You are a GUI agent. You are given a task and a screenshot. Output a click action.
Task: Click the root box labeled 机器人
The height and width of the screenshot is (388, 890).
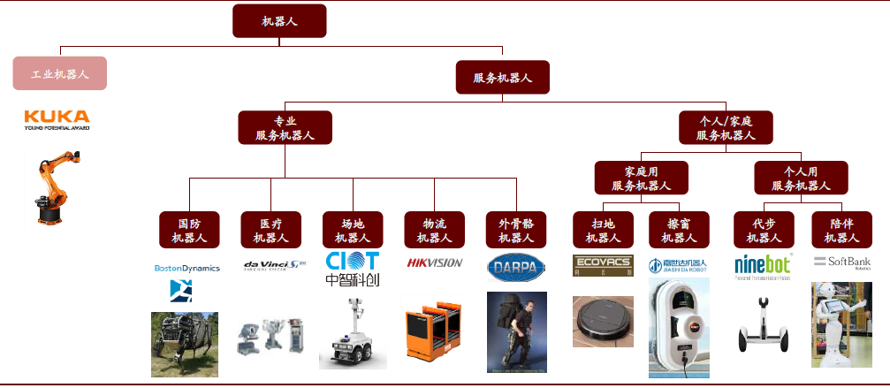pyautogui.click(x=279, y=21)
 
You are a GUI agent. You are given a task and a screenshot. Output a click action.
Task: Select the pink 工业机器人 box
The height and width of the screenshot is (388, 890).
pyautogui.click(x=60, y=74)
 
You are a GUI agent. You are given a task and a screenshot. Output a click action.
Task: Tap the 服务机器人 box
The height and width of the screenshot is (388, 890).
pyautogui.click(x=502, y=78)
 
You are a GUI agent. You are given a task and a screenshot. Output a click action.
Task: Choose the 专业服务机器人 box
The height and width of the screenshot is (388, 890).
pyautogui.click(x=284, y=127)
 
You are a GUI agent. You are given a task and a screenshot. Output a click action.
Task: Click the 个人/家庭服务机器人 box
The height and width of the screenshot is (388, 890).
pyautogui.click(x=726, y=127)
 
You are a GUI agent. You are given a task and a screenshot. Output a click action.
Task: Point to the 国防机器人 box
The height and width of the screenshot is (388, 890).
pyautogui.click(x=188, y=230)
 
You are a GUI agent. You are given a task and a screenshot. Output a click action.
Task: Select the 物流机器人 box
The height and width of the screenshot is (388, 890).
pyautogui.click(x=434, y=230)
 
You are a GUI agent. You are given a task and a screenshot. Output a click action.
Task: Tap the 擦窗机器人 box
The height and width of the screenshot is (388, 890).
pyautogui.click(x=675, y=230)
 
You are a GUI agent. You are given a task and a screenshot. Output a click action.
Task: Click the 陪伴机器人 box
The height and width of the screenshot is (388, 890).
pyautogui.click(x=841, y=230)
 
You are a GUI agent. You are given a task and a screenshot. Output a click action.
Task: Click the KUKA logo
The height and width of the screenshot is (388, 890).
pyautogui.click(x=57, y=118)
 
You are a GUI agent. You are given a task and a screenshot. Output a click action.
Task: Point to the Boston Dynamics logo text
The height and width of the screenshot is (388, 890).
pyautogui.click(x=186, y=268)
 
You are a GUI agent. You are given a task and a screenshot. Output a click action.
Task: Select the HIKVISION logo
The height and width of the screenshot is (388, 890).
pyautogui.click(x=434, y=262)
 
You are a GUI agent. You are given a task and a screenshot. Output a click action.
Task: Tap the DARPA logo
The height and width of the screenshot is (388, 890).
pyautogui.click(x=516, y=265)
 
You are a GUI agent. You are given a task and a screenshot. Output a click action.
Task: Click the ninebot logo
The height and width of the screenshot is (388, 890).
pyautogui.click(x=763, y=264)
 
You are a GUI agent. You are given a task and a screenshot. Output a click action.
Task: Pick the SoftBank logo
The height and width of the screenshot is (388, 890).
pyautogui.click(x=841, y=262)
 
